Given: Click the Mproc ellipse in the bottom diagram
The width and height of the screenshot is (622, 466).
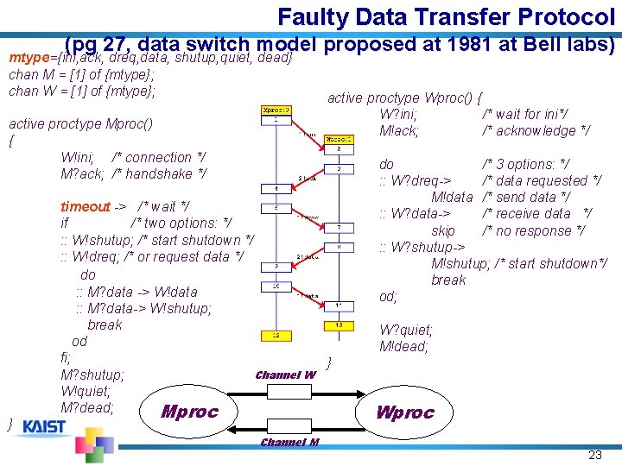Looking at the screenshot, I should click(x=189, y=412).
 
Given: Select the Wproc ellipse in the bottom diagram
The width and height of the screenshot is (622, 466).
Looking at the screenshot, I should click(x=404, y=412).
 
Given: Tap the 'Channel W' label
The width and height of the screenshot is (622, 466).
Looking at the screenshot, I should click(x=285, y=375).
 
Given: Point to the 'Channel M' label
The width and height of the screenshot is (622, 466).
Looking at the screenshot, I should click(x=289, y=443).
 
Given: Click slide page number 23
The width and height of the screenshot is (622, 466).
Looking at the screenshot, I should click(x=594, y=455).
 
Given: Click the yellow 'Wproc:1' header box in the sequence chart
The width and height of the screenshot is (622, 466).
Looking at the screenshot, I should click(x=339, y=138).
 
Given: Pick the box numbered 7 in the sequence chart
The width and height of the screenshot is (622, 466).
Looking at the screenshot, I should click(x=339, y=227).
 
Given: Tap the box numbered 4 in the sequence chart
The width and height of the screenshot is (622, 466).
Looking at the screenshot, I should click(x=276, y=188).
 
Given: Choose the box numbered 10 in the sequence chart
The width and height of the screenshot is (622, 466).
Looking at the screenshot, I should click(x=276, y=286).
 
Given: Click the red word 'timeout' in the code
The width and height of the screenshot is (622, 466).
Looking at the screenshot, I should click(x=85, y=206).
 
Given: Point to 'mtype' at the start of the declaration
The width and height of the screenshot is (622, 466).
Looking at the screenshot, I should click(x=27, y=58).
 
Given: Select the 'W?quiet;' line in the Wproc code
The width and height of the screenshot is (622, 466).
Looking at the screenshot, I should click(x=406, y=330).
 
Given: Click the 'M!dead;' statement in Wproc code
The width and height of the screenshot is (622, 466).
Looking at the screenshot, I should click(x=403, y=347).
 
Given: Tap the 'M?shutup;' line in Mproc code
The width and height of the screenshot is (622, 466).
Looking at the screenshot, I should click(x=92, y=375).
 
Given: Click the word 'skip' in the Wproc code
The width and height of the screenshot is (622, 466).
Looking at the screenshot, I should click(x=443, y=230).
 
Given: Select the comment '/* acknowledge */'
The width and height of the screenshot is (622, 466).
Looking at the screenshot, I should click(x=536, y=131).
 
